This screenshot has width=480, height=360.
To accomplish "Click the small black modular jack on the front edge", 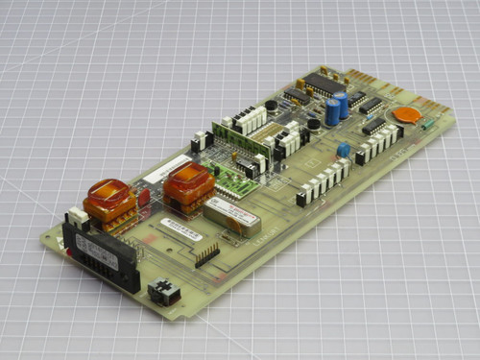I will (x=165, y=291).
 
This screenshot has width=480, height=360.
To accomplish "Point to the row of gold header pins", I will (x=206, y=254).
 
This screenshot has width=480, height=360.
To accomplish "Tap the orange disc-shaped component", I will (x=407, y=116).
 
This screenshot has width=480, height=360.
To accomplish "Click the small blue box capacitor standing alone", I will (x=343, y=151).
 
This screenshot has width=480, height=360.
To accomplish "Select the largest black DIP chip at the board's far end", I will (x=325, y=84).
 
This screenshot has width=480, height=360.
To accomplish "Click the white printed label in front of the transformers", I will (x=180, y=228).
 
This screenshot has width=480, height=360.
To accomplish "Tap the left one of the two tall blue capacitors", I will (x=332, y=111).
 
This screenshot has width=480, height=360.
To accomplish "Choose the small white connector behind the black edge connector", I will (x=74, y=218).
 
